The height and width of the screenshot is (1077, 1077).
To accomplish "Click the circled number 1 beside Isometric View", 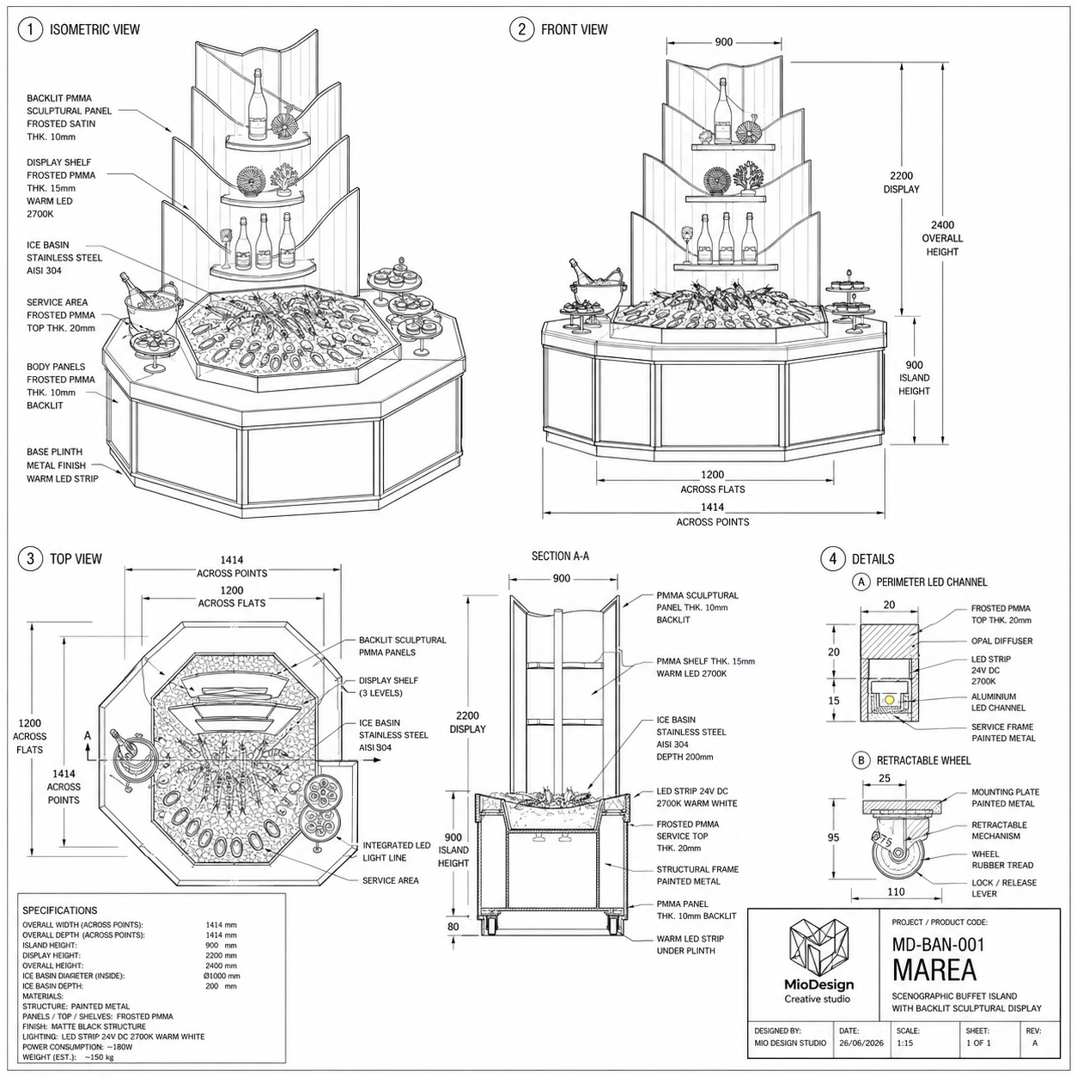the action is [x=30, y=29].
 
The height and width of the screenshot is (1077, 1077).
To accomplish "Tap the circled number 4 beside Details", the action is [x=832, y=558].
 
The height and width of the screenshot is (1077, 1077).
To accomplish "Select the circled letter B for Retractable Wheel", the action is [x=861, y=760].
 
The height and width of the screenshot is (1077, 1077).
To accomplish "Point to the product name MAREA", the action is [x=934, y=970].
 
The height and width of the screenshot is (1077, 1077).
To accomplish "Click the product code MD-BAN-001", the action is [x=938, y=945].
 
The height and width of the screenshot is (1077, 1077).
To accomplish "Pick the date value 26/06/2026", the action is [x=861, y=1043].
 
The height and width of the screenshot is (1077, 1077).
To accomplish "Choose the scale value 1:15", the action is [x=905, y=1043].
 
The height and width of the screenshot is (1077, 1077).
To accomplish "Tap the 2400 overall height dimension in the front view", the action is [x=942, y=225].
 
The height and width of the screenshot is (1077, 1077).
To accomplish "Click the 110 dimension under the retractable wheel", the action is [x=896, y=891].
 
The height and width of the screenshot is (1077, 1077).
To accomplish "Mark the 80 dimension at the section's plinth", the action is [x=453, y=926].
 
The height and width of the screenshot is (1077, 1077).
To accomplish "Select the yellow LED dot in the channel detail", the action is [x=889, y=699].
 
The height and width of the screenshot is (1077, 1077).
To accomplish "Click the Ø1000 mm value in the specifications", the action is [x=222, y=976].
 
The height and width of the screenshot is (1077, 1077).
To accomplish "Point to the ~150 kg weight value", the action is [x=99, y=1057].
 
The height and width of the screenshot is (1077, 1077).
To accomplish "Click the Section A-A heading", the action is [x=560, y=556].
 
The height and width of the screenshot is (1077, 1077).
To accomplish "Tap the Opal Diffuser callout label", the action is [x=1001, y=641].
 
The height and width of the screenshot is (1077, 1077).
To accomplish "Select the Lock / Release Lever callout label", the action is [x=1004, y=888].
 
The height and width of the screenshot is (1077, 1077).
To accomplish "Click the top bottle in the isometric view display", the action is [x=258, y=105].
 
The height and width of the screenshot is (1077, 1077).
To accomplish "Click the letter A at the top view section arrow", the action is [x=88, y=736].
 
